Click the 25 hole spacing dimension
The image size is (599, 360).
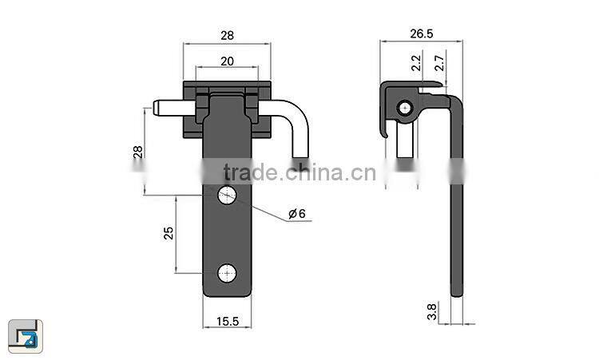coord(169,234)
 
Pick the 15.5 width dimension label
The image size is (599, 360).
coord(227,321)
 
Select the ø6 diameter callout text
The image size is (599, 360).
coord(296,214)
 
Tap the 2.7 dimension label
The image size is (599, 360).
coord(438,63)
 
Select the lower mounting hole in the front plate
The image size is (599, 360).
coord(228,273)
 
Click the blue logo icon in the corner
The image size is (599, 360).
coord(26,334)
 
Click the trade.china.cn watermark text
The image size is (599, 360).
coord(294,172)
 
